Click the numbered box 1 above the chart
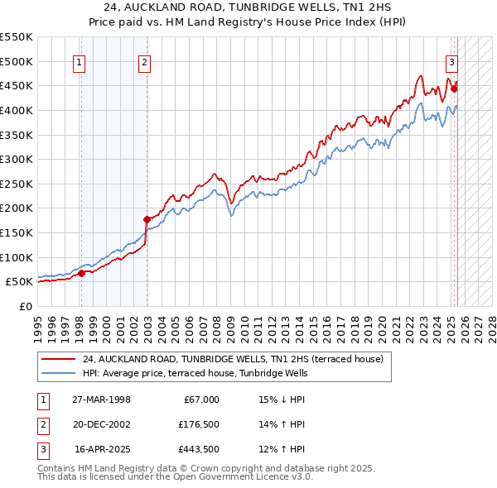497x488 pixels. tap(80, 62)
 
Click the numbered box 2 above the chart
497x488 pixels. tap(144, 62)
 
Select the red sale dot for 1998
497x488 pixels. tap(81, 273)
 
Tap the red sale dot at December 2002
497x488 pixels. tap(147, 219)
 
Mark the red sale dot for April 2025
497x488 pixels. tap(455, 89)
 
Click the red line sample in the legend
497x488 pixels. tap(58, 360)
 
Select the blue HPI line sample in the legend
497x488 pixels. tap(58, 374)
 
